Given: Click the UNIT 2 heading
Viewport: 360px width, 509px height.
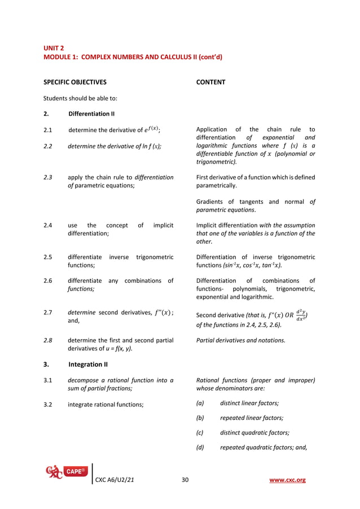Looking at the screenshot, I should tap(55, 48).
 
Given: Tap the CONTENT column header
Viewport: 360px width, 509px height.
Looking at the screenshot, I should tap(210, 82).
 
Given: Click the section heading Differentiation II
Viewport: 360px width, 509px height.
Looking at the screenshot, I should tap(91, 114).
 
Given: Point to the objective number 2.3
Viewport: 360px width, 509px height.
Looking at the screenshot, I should tap(48, 177).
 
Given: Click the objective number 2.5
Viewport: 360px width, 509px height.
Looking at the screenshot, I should tap(48, 257).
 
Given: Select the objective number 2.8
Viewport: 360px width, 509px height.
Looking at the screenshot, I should tap(48, 340).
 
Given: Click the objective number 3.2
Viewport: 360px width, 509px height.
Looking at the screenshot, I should tap(48, 404).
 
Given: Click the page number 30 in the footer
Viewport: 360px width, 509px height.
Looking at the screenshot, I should tap(185, 480).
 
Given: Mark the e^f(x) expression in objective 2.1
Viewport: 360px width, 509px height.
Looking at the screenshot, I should tap(152, 129).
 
